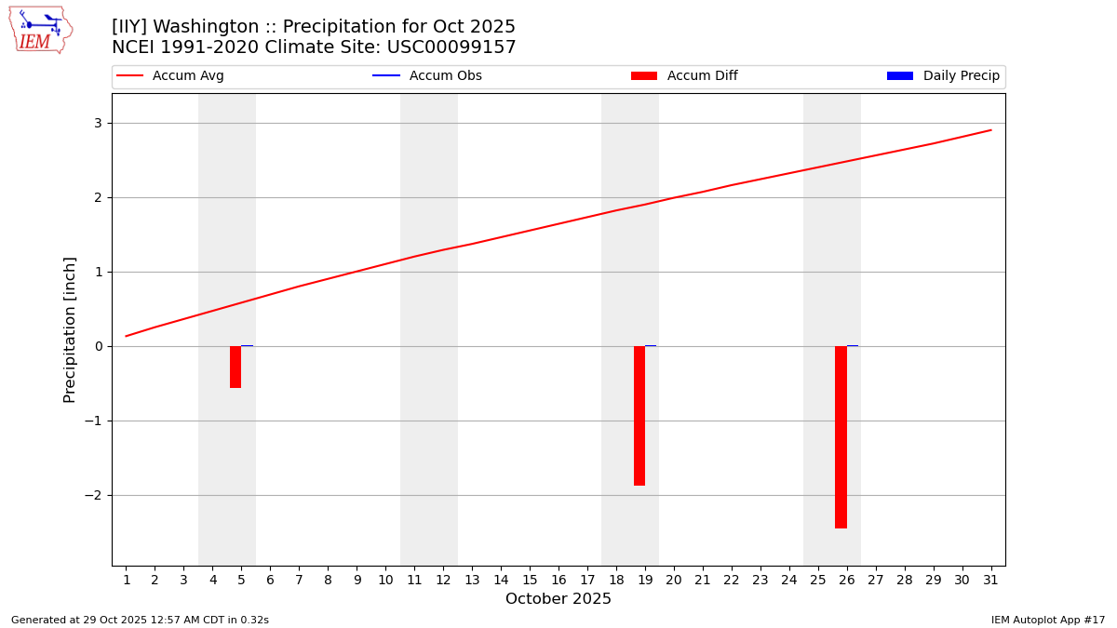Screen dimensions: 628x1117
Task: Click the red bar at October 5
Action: coord(236,367)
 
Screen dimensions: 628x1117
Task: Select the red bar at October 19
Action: coord(639,415)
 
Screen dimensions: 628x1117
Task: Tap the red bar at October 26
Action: coord(841,436)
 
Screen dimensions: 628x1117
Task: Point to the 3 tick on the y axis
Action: coord(98,123)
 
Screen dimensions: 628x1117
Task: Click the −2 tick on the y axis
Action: coord(94,495)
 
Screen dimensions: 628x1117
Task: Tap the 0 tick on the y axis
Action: coord(98,346)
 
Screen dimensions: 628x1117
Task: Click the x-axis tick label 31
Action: coord(990,581)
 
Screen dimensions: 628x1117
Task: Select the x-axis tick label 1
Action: coord(127,581)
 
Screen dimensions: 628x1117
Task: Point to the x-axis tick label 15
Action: coord(530,581)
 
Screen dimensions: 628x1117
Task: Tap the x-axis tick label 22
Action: coord(732,581)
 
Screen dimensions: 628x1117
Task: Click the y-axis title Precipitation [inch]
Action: coord(70,329)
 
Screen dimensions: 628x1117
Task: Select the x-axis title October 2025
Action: coord(558,599)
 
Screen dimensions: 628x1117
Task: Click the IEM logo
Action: coord(41,30)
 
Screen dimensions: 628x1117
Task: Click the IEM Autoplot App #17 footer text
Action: coord(1047,620)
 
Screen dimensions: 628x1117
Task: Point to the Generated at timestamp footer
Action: coord(140,620)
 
